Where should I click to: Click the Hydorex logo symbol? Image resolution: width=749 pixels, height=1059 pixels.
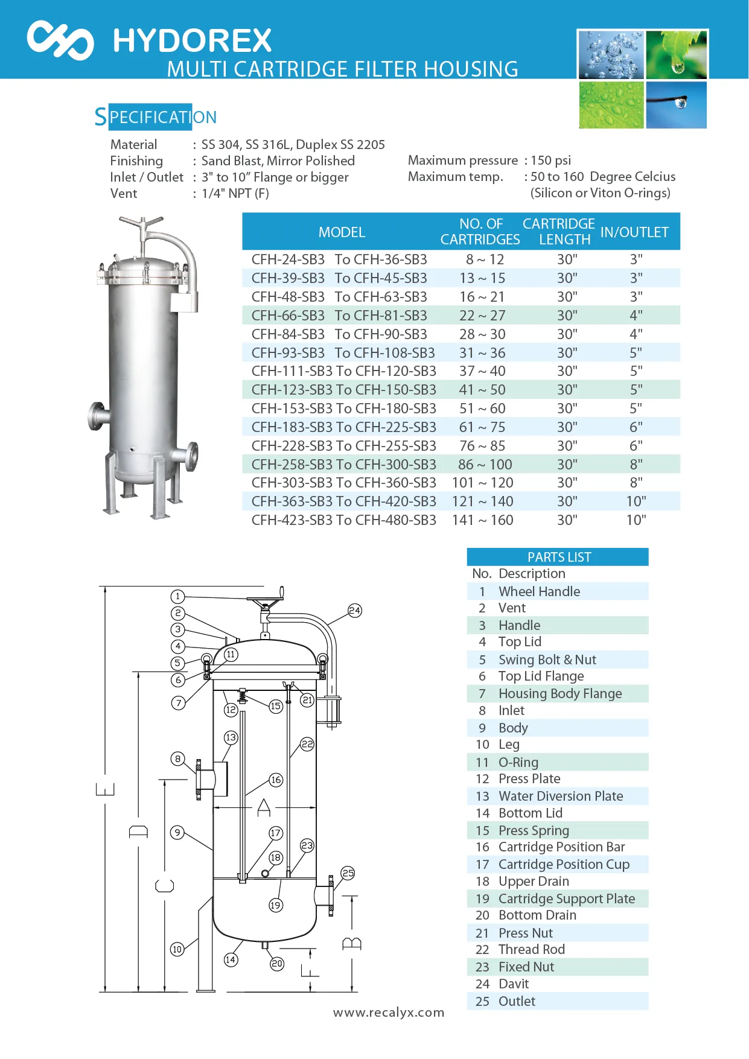[x=60, y=40]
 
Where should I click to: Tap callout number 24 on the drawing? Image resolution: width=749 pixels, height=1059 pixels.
[x=355, y=611]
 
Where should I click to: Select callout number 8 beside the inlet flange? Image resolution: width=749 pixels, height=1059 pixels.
[x=177, y=758]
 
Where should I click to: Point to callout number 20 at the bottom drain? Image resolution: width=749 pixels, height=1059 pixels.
[x=277, y=964]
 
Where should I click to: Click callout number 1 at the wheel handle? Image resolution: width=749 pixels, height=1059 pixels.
[x=177, y=596]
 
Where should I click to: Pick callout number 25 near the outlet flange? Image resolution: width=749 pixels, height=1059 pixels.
[x=348, y=873]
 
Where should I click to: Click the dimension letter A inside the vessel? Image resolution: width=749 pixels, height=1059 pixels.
[x=264, y=807]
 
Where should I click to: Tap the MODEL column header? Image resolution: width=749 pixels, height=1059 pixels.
[x=342, y=232]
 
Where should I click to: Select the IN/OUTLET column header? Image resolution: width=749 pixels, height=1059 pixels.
[x=634, y=232]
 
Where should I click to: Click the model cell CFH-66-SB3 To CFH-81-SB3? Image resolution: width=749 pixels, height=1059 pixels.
[x=339, y=316]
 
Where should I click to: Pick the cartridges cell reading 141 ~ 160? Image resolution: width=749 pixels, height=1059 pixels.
[x=482, y=520]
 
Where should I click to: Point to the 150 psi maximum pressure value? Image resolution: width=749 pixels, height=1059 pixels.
[x=550, y=161]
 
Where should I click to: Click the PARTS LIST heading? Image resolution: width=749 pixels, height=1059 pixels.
[x=559, y=557]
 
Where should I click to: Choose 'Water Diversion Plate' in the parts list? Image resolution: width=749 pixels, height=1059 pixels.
[x=560, y=797]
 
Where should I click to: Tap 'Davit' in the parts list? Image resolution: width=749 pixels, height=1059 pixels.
[x=513, y=984]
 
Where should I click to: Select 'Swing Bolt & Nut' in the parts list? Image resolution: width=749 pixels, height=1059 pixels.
[x=547, y=660]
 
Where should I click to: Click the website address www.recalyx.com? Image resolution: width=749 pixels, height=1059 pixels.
[x=389, y=1013]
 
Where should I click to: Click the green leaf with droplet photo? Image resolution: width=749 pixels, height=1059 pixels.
[x=676, y=55]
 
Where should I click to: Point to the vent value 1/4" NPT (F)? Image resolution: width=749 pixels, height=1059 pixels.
[x=235, y=194]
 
